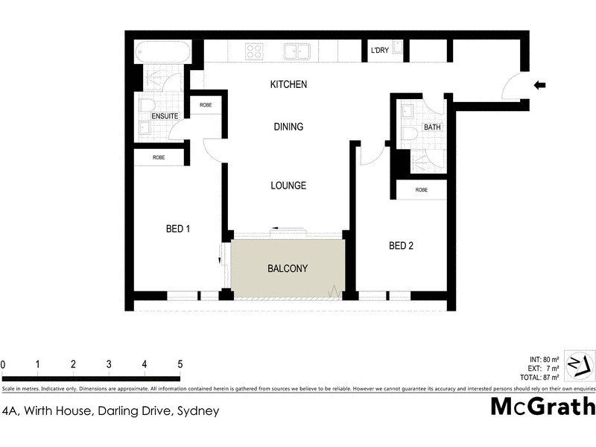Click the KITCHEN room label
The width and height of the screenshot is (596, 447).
click(x=288, y=85)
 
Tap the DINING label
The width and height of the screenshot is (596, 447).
click(x=288, y=127)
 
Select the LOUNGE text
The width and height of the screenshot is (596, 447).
click(x=288, y=186)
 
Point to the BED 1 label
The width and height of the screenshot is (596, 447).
click(x=178, y=229)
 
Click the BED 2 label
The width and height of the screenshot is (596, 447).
click(x=401, y=246)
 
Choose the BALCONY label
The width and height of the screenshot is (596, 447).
click(x=288, y=268)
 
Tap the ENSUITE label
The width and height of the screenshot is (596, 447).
click(x=164, y=117)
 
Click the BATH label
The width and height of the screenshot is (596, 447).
click(x=432, y=127)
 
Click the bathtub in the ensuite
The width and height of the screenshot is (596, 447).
click(x=162, y=53)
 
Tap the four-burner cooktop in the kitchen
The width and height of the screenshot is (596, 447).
click(x=254, y=51)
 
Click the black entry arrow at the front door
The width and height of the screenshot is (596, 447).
click(x=540, y=86)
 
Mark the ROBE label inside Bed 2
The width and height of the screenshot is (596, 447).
click(x=422, y=190)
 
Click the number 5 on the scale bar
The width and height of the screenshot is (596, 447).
click(x=180, y=364)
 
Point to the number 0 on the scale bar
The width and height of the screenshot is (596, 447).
click(x=3, y=364)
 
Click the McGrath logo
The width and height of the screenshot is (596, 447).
click(x=542, y=407)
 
